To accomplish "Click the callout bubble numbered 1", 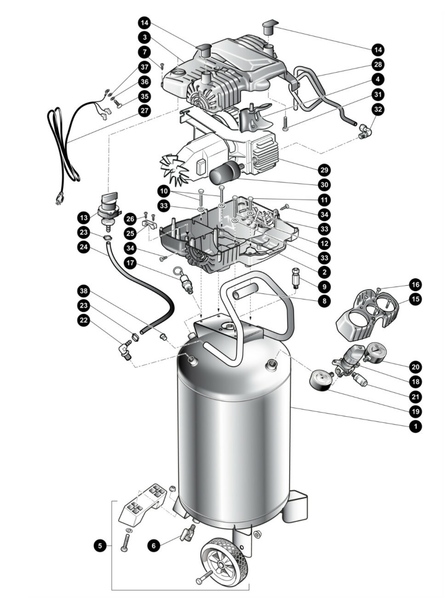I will [416, 426].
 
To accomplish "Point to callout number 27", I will [145, 111].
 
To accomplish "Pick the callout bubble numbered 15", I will [416, 299].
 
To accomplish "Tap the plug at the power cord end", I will [59, 199].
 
